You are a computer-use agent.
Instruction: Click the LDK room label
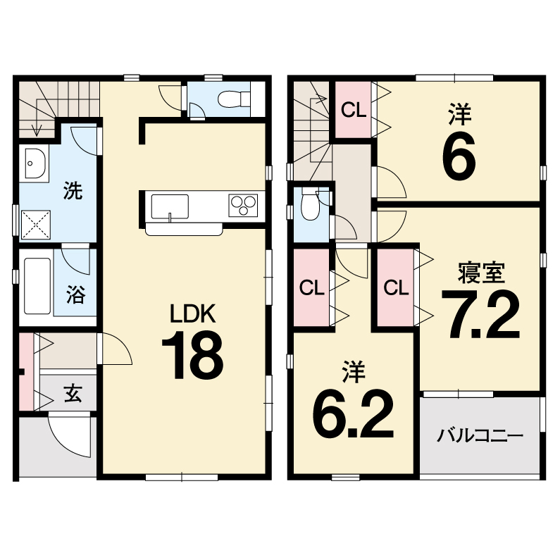coord(192,313)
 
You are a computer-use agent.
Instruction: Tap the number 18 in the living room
coord(192,354)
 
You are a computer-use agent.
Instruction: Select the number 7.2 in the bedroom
coord(480,314)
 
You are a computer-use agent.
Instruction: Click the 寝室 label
coord(481,273)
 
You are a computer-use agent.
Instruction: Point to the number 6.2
coord(353,414)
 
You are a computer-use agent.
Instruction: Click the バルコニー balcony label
coord(480,436)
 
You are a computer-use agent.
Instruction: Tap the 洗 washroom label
coord(73,190)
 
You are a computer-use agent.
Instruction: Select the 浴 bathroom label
coord(75,294)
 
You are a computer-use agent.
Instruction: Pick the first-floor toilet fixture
coord(234,98)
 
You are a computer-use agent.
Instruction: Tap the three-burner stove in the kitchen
coord(243,205)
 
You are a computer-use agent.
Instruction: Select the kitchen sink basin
coord(170,207)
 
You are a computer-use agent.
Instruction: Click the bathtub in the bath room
coord(37,286)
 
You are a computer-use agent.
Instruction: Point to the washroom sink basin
coord(35,163)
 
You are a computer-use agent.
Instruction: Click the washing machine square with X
coord(36,225)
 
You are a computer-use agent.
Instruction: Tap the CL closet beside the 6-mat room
coord(353,110)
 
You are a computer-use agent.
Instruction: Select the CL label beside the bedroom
coord(396,287)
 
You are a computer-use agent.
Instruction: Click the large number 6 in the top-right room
coord(459,158)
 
